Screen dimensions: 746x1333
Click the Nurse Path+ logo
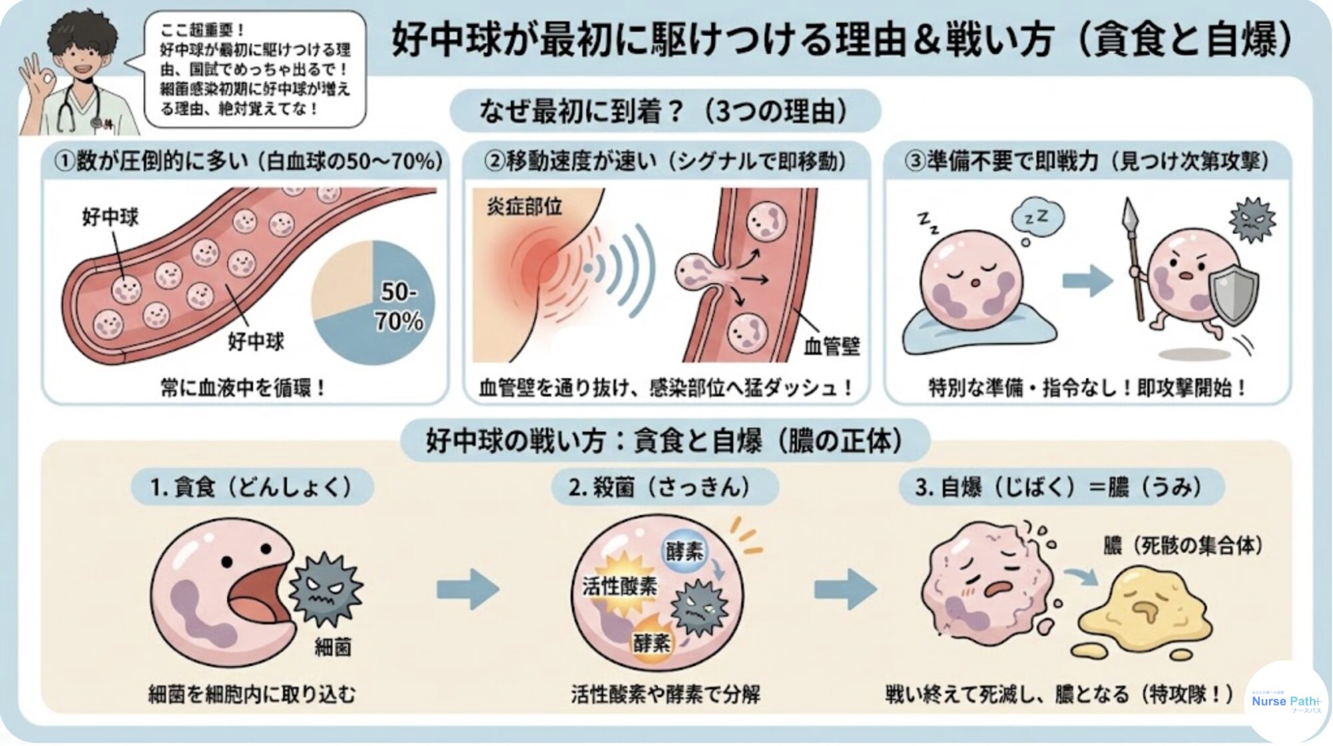pos(1285,701)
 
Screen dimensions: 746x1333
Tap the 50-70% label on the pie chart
pos(399,306)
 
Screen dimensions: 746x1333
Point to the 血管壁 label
pos(832,346)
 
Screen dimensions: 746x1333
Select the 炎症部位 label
pos(524,207)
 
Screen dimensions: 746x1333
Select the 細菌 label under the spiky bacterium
pos(332,647)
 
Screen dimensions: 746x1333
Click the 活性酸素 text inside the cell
pos(619,586)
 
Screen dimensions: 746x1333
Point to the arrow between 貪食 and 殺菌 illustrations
pos(468,589)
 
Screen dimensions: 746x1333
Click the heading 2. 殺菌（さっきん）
pos(663,487)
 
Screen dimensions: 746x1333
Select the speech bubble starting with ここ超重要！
pos(254,69)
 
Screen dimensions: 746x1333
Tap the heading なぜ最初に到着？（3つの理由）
pos(665,111)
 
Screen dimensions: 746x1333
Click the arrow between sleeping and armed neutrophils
pos(1087,280)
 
